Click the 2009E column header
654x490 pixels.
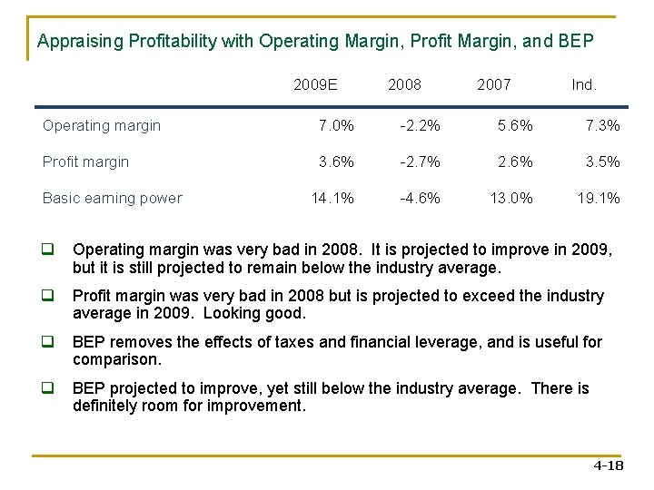point(315,84)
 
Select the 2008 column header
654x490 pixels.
point(404,84)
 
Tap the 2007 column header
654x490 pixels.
point(494,84)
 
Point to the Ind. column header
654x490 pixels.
point(584,84)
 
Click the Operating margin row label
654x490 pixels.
point(102,126)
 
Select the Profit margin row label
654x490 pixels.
point(86,162)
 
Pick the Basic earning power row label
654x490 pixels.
point(113,199)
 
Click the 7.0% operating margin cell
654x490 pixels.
point(336,126)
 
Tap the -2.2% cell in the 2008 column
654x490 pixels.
point(421,126)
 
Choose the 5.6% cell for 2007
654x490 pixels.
point(515,126)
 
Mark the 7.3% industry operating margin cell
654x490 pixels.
point(602,126)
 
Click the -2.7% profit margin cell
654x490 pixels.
point(421,162)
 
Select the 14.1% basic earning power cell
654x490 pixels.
point(332,199)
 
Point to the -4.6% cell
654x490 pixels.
point(421,199)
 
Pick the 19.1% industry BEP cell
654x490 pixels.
point(599,199)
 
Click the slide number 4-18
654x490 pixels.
point(608,465)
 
